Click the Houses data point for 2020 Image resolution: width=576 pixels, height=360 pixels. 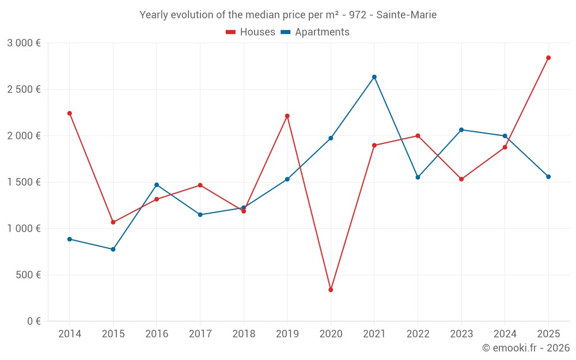331,290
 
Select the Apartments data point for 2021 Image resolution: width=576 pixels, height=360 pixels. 374,77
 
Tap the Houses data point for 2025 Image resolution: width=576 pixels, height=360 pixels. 548,58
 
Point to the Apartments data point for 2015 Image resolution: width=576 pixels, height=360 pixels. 113,249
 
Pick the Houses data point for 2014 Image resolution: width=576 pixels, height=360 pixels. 70,113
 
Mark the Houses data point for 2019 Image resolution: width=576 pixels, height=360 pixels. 287,116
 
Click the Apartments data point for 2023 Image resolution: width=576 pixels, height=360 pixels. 461,130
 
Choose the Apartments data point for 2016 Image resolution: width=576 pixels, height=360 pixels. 157,185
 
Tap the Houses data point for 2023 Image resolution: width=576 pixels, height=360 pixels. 461,179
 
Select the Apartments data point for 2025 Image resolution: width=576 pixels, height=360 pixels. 548,177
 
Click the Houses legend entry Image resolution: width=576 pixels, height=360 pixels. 251,32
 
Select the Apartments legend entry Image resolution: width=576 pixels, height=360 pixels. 315,32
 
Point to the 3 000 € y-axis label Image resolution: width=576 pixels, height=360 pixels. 24,43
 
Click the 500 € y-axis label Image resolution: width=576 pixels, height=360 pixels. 27,275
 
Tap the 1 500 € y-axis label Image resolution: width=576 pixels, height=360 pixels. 24,182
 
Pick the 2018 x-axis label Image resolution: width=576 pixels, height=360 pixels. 244,334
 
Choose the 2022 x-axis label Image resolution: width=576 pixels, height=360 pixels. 418,334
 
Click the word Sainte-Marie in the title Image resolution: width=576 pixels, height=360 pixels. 406,14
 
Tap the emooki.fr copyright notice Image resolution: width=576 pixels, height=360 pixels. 525,348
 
